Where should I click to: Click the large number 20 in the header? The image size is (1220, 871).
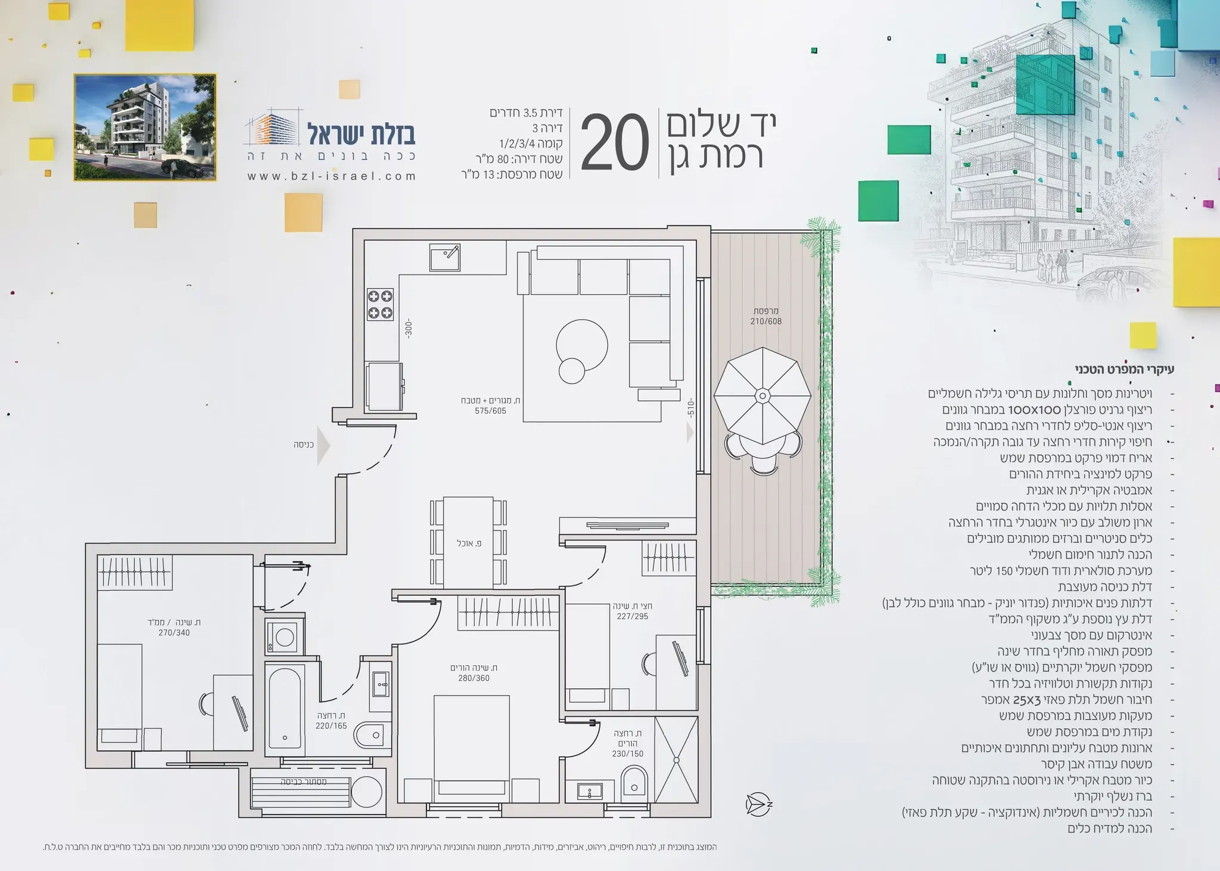click(615, 143)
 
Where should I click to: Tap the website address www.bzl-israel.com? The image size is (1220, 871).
click(332, 176)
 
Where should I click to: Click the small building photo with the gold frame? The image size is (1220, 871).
click(145, 127)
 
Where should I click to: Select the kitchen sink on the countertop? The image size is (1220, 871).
click(445, 257)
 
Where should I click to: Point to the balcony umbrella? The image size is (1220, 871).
click(762, 396)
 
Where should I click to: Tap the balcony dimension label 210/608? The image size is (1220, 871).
click(766, 321)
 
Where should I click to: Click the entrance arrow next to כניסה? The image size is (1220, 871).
click(323, 445)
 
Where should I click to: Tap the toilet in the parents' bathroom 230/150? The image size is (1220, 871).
click(634, 780)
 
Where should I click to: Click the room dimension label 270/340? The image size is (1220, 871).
click(174, 633)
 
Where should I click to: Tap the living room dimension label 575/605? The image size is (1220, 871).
click(490, 411)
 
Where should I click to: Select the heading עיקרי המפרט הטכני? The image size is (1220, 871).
click(1125, 370)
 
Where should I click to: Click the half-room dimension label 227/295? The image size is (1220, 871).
click(633, 616)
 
